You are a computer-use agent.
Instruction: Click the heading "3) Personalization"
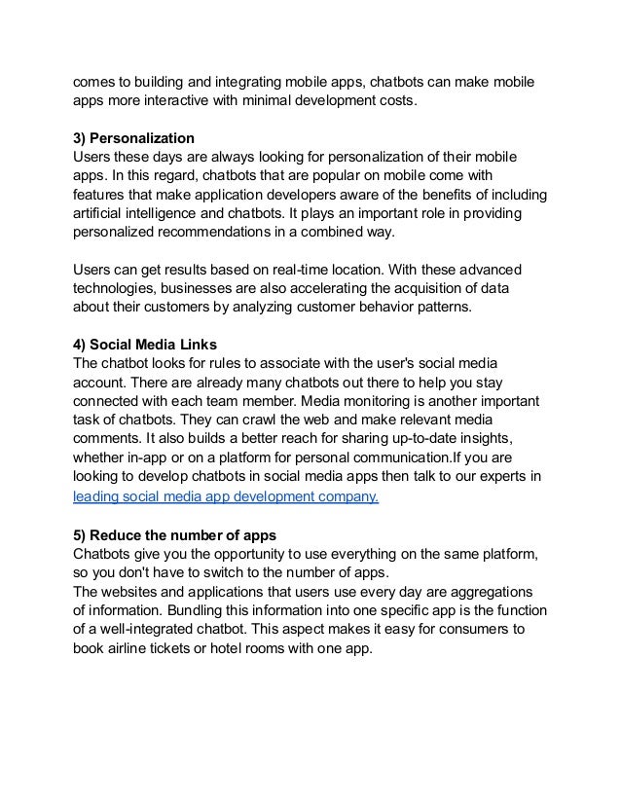coord(140,139)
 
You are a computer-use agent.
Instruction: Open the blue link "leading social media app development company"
coord(227,497)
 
